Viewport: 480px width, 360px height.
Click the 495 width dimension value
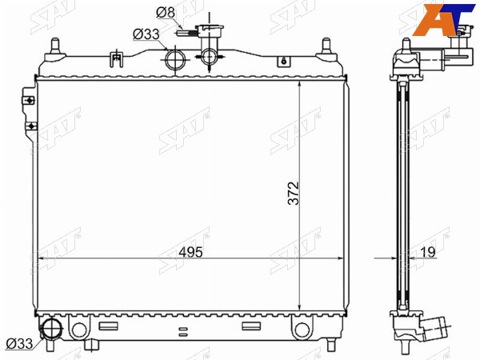pos(190,252)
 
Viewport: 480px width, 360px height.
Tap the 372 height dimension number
pos(294,193)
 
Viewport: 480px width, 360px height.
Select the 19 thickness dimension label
pos(428,252)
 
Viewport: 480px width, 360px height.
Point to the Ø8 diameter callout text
pos(166,13)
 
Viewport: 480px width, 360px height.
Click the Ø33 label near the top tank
pos(146,34)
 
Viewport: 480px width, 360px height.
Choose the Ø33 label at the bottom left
pos(19,344)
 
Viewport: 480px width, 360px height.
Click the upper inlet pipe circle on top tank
pos(175,60)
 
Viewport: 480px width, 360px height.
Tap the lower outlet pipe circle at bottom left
pos(51,330)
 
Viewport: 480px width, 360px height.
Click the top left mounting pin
pos(55,49)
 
